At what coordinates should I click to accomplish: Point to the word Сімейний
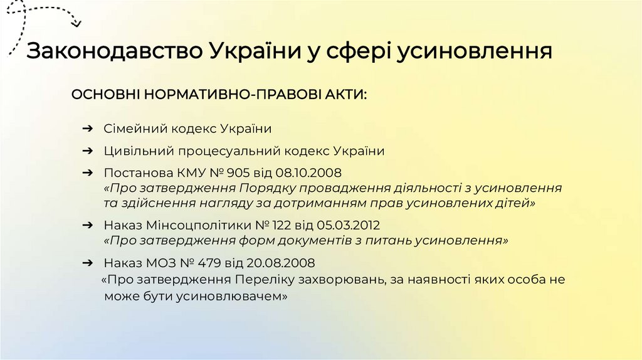coord(131,129)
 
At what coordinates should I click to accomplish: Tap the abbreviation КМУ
coord(182,172)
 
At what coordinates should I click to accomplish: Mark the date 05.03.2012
coord(348,224)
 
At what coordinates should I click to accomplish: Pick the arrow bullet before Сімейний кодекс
coord(89,129)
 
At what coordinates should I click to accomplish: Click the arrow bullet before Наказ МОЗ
coord(89,262)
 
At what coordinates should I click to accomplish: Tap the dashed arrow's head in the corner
coord(76,24)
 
